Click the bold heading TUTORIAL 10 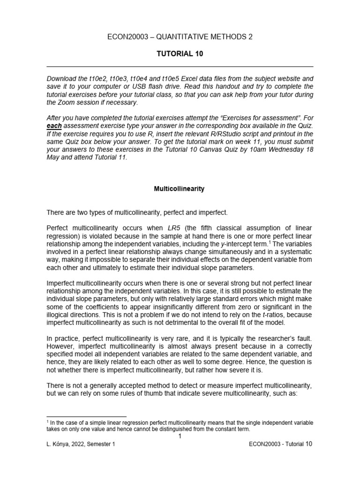(x=180, y=53)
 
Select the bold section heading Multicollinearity (x=180, y=189)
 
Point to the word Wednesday (x=292, y=150)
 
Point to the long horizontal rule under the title (x=180, y=67)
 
